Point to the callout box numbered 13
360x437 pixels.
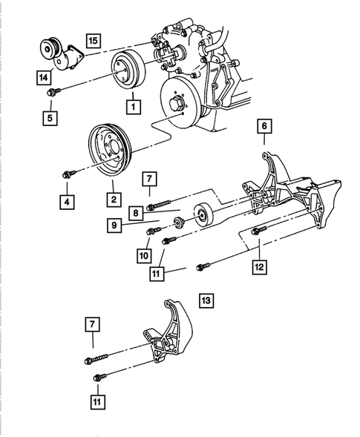click(x=206, y=300)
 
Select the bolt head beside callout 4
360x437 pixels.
click(x=65, y=174)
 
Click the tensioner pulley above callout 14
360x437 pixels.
click(x=51, y=50)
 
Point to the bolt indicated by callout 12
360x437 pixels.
click(x=256, y=231)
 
